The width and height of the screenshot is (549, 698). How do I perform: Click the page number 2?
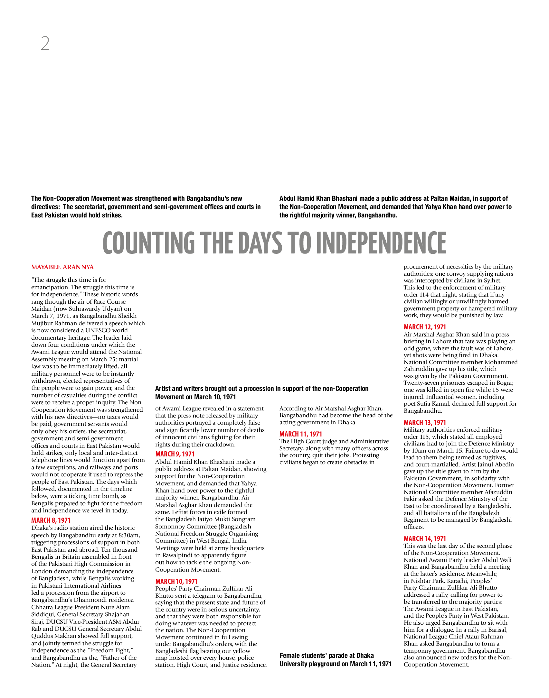coord(45,43)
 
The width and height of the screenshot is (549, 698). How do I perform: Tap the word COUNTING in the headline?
coord(149,243)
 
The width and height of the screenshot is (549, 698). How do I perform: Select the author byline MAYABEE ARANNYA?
coord(62,267)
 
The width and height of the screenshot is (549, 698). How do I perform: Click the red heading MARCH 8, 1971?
coord(51,520)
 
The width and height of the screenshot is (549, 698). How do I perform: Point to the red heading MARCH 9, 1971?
coord(175,454)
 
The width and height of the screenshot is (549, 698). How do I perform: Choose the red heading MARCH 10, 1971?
coord(176,581)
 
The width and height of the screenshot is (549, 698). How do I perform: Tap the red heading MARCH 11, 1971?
coord(301,434)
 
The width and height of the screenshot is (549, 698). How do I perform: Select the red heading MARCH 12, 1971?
coord(425,327)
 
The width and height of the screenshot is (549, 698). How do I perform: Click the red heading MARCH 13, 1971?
coord(425,422)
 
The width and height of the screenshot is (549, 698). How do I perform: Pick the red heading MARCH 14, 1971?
coord(425,538)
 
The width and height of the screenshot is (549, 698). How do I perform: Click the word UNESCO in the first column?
coord(98,330)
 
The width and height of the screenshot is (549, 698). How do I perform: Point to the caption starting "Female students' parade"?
coord(336,660)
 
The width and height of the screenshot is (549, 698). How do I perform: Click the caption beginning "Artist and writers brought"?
coord(262,393)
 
